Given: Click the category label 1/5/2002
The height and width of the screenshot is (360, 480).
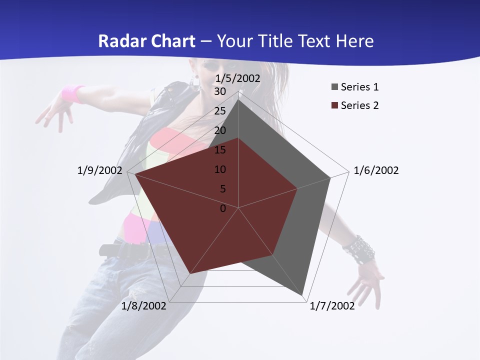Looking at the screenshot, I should (237, 78).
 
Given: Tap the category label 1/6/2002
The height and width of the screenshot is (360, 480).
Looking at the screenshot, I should (376, 170).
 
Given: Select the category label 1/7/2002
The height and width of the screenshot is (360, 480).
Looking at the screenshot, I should (332, 306).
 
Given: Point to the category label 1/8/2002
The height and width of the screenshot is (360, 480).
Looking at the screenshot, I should (144, 306).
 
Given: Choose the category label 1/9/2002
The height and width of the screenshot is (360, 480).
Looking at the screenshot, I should (100, 170).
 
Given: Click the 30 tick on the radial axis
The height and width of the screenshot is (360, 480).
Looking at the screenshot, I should (220, 91).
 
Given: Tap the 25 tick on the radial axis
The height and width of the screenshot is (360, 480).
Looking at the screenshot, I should (220, 111).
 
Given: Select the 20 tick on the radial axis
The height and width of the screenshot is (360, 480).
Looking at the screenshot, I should (220, 130).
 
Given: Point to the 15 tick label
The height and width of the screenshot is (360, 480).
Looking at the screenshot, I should (220, 150).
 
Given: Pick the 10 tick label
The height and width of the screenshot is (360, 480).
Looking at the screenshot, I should (220, 169).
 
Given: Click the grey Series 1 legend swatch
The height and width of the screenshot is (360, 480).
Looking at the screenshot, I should (334, 87).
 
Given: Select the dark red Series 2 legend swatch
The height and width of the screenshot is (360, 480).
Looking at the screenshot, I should (334, 105).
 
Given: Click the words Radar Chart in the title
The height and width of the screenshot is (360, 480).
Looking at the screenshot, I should (146, 41).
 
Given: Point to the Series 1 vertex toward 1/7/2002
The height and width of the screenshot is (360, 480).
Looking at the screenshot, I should (302, 295).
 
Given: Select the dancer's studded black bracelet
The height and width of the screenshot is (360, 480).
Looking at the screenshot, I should (359, 249).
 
